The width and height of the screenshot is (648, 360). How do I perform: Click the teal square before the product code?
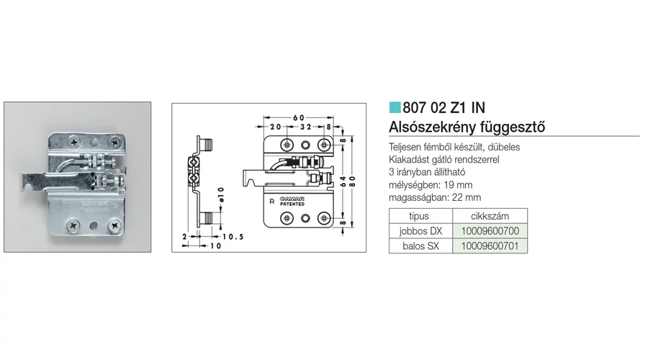point(394,109)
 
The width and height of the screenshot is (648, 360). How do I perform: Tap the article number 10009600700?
point(489,231)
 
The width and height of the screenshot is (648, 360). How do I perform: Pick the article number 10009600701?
point(489,246)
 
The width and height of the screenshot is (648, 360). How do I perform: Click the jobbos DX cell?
point(420,231)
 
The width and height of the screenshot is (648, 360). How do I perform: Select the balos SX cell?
point(420,246)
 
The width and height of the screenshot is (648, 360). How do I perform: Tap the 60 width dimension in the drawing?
point(299,117)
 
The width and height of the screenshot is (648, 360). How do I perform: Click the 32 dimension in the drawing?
point(304,126)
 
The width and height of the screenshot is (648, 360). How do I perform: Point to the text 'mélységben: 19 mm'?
point(430,184)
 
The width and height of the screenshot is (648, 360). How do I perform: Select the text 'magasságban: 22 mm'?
point(434,197)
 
